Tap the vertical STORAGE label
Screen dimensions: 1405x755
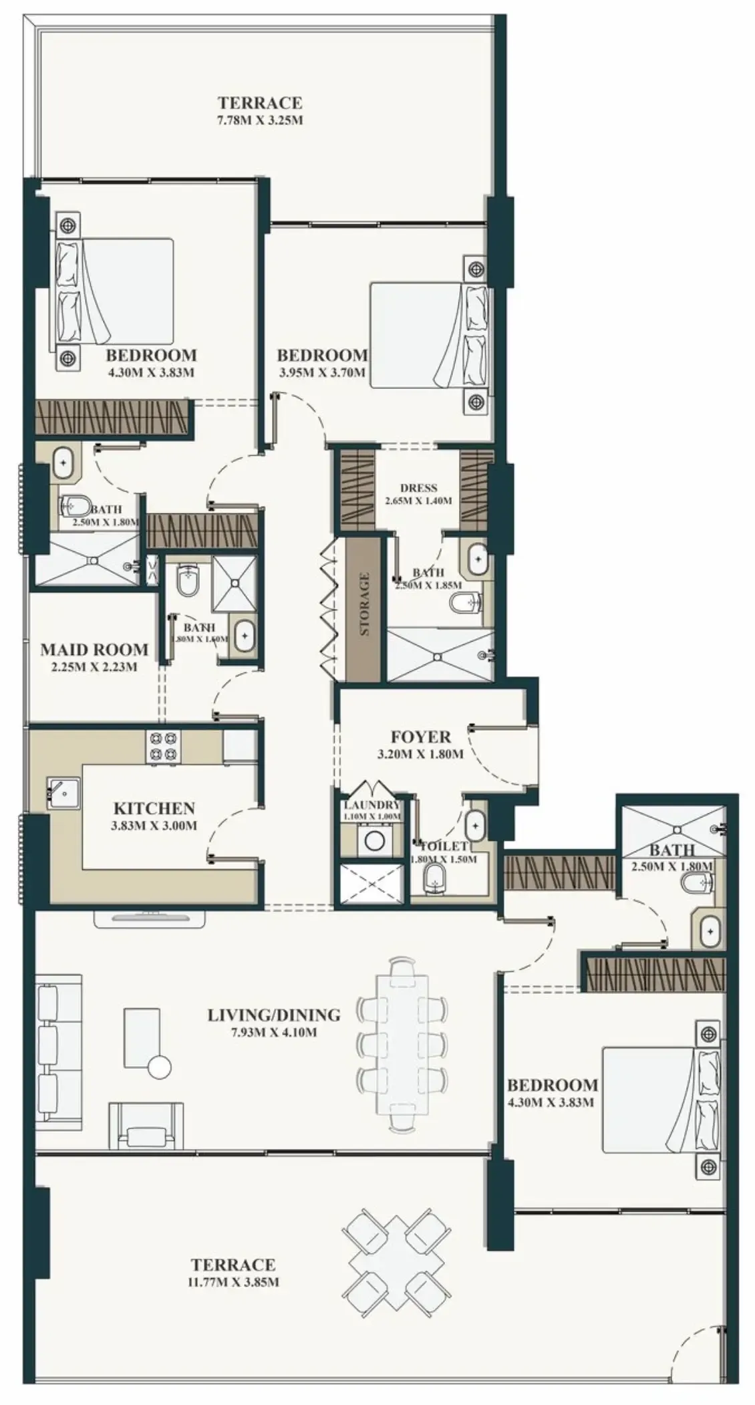(x=364, y=604)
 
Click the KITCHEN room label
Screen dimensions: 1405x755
(x=154, y=808)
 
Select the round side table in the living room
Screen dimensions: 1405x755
(x=160, y=1067)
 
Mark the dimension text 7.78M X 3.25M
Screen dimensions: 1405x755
(x=261, y=121)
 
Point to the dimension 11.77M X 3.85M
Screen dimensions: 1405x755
(x=233, y=1282)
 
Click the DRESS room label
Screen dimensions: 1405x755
(x=418, y=488)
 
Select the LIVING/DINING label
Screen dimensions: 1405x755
(x=273, y=1015)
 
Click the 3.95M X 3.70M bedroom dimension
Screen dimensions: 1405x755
(x=322, y=372)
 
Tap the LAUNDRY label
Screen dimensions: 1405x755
(x=371, y=805)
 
